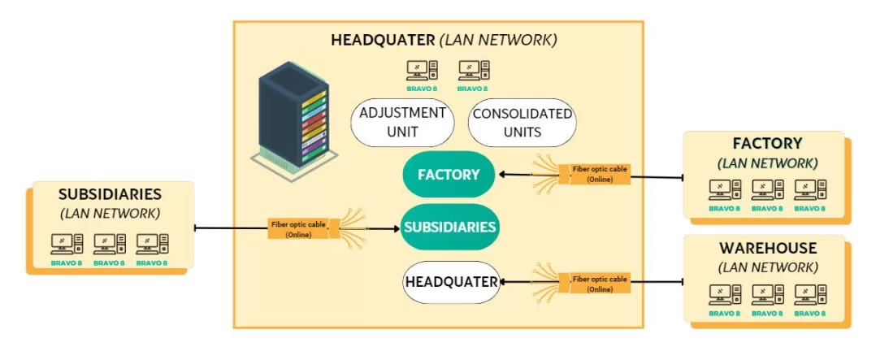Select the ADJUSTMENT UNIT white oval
[x=401, y=123]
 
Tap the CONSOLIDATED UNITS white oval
[x=522, y=123]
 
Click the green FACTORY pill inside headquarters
[x=449, y=174]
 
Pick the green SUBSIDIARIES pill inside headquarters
[x=449, y=227]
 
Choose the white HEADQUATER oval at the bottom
[x=451, y=282]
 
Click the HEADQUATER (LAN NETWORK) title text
[x=444, y=40]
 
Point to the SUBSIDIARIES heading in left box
[x=111, y=195]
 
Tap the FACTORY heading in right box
[x=767, y=144]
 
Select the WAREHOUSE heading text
[x=767, y=248]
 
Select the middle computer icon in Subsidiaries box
[x=109, y=243]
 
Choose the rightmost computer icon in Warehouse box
[x=809, y=294]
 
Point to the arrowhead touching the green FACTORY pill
[x=501, y=174]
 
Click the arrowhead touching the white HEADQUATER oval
[x=504, y=282]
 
